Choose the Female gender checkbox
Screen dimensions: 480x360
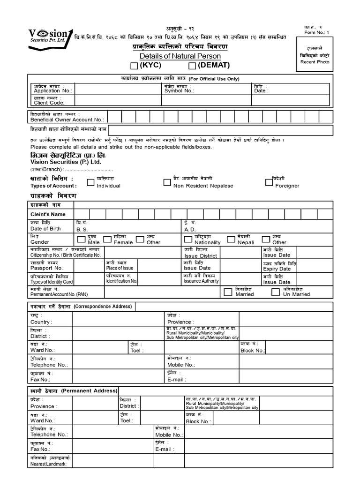click(107, 239)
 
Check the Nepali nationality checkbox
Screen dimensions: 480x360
click(231, 239)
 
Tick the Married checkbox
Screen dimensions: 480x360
click(228, 292)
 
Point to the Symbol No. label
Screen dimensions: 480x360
click(179, 91)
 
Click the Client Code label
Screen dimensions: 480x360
click(49, 102)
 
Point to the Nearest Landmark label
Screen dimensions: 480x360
click(48, 464)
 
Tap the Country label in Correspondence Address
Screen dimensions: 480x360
click(41, 322)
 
